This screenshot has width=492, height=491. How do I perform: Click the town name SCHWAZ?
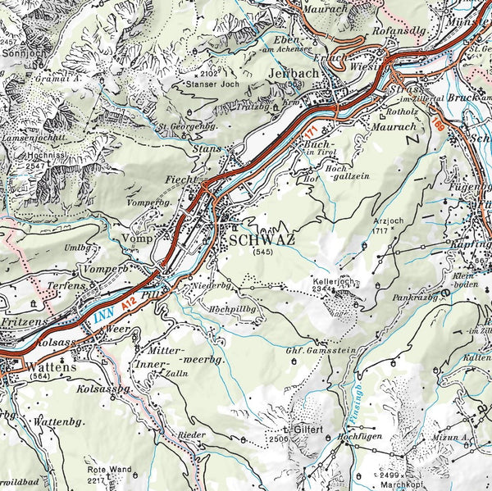click(262, 239)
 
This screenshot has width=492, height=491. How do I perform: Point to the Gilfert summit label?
click(301, 430)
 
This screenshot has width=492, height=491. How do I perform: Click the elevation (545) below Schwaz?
click(262, 252)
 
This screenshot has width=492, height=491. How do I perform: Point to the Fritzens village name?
click(23, 324)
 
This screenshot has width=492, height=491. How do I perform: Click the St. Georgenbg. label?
click(188, 127)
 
